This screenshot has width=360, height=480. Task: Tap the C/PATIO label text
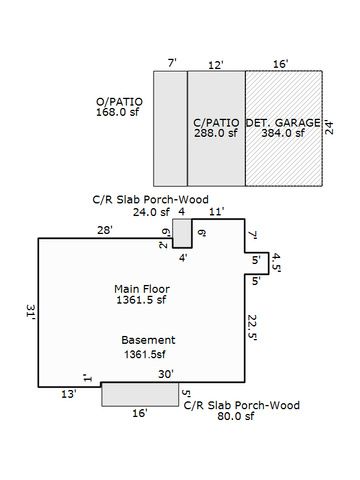point(216,121)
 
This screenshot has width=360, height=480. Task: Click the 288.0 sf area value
point(216,133)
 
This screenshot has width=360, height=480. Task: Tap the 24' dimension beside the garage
point(328,127)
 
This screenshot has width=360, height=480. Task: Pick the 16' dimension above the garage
point(280,64)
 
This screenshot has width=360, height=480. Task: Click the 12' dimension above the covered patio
point(215,64)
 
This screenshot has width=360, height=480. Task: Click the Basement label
point(149,339)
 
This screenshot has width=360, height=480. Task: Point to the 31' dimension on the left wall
point(31,314)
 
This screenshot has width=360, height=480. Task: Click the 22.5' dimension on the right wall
point(254,327)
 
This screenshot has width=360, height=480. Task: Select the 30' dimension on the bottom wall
point(166,373)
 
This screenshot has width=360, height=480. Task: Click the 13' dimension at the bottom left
point(68,394)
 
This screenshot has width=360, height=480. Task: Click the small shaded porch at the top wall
point(182,234)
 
